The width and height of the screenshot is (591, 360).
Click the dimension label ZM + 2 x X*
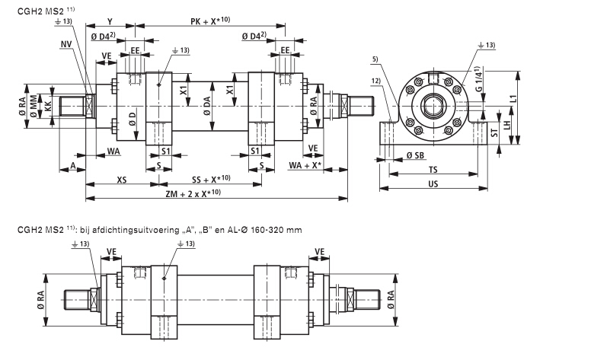click(196, 194)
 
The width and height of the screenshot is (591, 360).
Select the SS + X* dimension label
click(208, 179)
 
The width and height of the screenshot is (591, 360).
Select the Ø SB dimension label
click(414, 155)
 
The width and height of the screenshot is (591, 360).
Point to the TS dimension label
click(432, 171)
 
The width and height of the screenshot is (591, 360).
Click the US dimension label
click(432, 185)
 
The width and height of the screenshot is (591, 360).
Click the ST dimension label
click(494, 134)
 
